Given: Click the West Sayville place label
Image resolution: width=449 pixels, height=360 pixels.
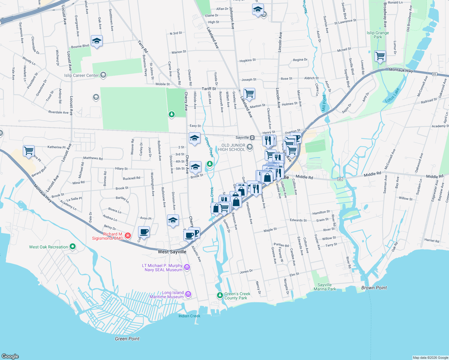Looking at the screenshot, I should point(172,252).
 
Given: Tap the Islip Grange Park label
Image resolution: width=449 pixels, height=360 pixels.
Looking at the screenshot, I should point(378,35).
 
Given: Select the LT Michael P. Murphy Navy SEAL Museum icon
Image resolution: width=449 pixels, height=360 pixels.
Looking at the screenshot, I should point(187,267).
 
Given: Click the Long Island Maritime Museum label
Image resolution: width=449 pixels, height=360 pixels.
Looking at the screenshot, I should point(167,295).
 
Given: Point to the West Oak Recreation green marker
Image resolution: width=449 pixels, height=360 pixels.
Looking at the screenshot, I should point(73,247).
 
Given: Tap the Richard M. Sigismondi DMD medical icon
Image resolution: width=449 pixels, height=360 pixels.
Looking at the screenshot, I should point(128,236).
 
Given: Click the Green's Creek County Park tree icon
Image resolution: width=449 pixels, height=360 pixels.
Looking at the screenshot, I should point(220,295).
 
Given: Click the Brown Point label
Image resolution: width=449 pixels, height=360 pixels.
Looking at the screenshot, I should point(374,288).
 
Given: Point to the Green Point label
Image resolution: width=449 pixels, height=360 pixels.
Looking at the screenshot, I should point(127,339).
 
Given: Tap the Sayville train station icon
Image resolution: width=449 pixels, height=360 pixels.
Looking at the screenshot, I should point(252,137).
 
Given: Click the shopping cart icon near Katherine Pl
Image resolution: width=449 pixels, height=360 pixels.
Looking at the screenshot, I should point(29,150).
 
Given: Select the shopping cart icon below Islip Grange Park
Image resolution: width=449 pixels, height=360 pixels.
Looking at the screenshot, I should point(380,55).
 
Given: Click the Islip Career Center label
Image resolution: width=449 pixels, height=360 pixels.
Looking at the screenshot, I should point(81,75).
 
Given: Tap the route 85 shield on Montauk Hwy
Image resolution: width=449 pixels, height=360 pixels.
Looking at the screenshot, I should point(434,74).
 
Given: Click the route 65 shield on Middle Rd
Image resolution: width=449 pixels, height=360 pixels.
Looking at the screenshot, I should point(340,179).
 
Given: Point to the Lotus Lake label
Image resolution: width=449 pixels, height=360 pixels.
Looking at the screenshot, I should point(392,95).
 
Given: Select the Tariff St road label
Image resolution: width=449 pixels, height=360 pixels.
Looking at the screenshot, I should point(209,88).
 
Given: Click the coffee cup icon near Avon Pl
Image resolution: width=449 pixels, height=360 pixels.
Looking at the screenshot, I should point(144,232).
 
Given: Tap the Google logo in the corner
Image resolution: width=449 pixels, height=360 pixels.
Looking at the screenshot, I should point(10,356).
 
